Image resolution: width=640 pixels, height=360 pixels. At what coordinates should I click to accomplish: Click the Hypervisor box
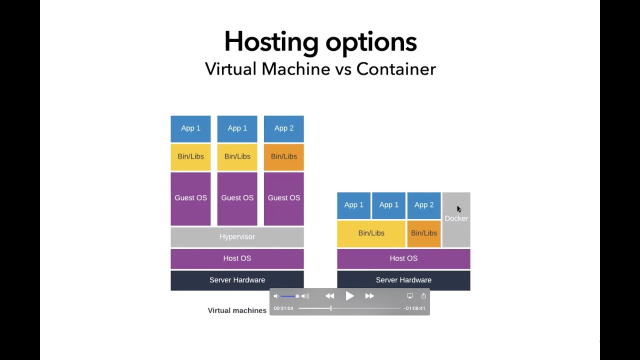click(237, 237)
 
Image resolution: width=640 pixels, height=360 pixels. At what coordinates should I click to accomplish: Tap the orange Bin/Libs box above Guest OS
click(283, 156)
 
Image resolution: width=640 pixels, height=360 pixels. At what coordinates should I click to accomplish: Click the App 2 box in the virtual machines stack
click(283, 128)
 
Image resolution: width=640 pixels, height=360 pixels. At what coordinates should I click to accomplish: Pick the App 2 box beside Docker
click(423, 205)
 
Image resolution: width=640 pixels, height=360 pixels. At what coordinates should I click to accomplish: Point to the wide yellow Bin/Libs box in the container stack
click(371, 233)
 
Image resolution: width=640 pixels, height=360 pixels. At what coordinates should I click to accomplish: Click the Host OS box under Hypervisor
click(237, 258)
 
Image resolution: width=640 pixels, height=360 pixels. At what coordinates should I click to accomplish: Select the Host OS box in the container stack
click(403, 258)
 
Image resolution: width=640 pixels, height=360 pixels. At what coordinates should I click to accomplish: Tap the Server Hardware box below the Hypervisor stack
click(237, 280)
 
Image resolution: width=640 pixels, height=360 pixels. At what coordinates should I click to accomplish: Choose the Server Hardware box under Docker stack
click(403, 280)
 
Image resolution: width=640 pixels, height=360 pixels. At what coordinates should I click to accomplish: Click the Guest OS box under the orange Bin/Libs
click(283, 198)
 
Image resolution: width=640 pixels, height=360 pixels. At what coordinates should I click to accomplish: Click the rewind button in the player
click(329, 296)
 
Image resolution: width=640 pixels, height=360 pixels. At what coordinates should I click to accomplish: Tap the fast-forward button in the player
click(369, 296)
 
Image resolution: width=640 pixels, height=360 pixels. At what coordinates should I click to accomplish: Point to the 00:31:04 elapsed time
click(283, 308)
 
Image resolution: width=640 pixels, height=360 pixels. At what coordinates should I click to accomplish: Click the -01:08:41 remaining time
click(414, 308)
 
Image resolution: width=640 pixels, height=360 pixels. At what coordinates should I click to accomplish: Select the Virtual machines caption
click(237, 310)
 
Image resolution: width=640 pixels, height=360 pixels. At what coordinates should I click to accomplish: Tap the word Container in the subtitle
click(396, 69)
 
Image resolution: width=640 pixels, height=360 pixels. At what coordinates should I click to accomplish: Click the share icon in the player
click(423, 296)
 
